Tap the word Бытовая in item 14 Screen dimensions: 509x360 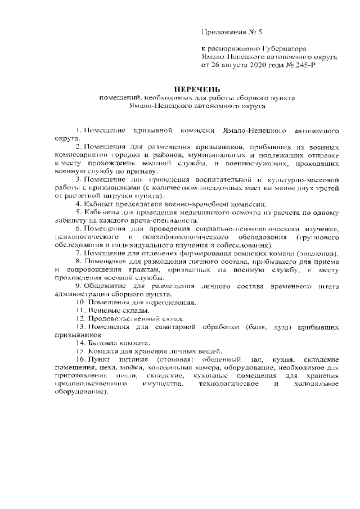(103, 343)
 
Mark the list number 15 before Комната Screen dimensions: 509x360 (80, 351)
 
